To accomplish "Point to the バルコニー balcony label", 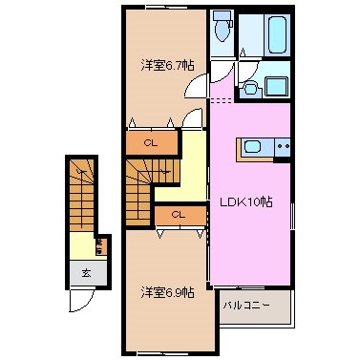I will pos(247,306).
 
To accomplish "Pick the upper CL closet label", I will pos(151,143).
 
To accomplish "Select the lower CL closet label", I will pos(177,215).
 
